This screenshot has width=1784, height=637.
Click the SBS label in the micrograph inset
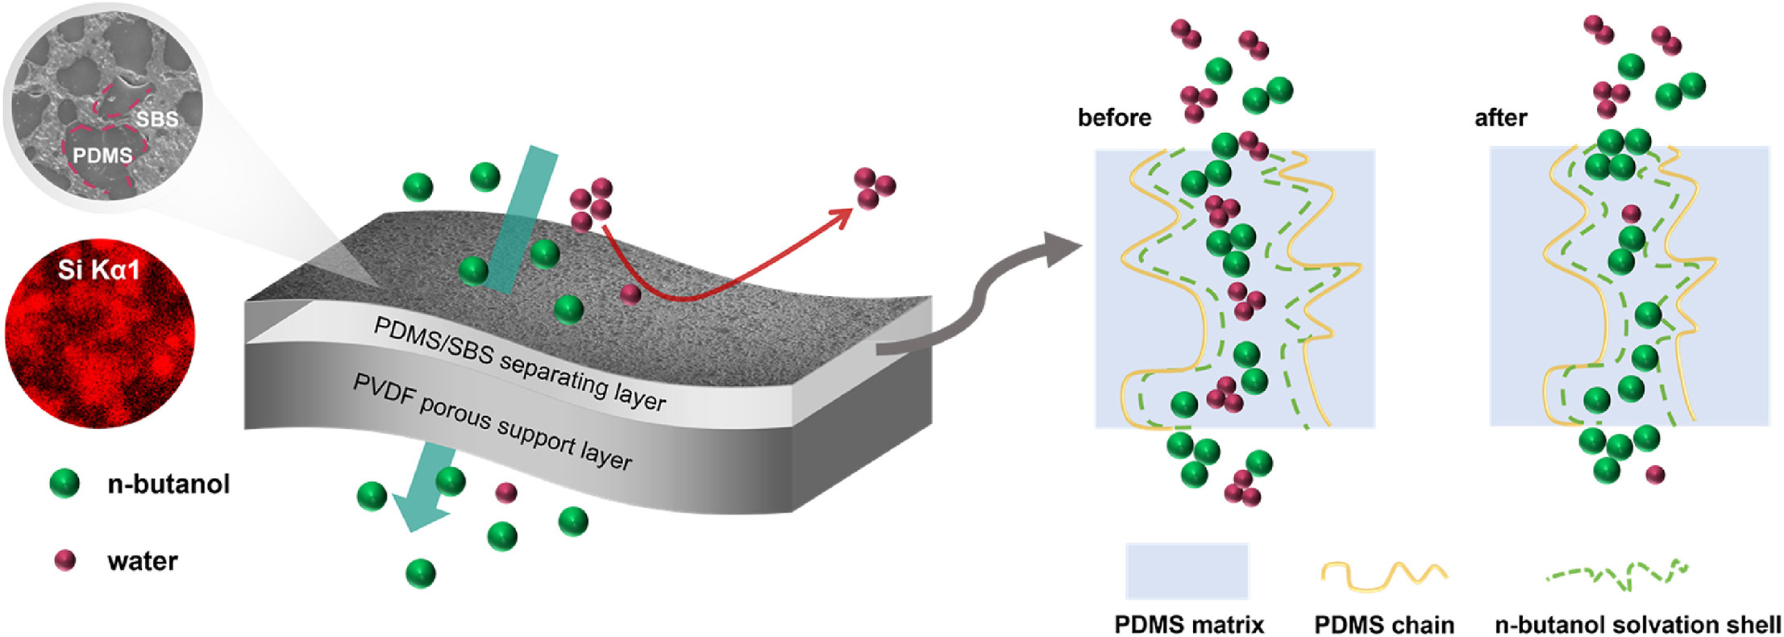point(157,119)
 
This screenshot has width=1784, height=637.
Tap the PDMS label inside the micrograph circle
point(102,155)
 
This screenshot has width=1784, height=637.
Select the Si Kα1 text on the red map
point(98,269)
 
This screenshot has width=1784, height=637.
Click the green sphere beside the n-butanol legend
point(64,483)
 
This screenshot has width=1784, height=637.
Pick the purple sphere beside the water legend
point(64,560)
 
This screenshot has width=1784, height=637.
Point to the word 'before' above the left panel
point(1114,118)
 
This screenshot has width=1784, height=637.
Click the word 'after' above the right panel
point(1500,118)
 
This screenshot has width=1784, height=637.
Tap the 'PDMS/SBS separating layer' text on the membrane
point(519,364)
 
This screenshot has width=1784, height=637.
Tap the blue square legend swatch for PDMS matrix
point(1187,570)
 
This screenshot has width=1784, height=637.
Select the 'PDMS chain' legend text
point(1384,624)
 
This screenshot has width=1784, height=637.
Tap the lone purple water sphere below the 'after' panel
point(1655,474)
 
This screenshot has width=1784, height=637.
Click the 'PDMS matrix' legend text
point(1189,624)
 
